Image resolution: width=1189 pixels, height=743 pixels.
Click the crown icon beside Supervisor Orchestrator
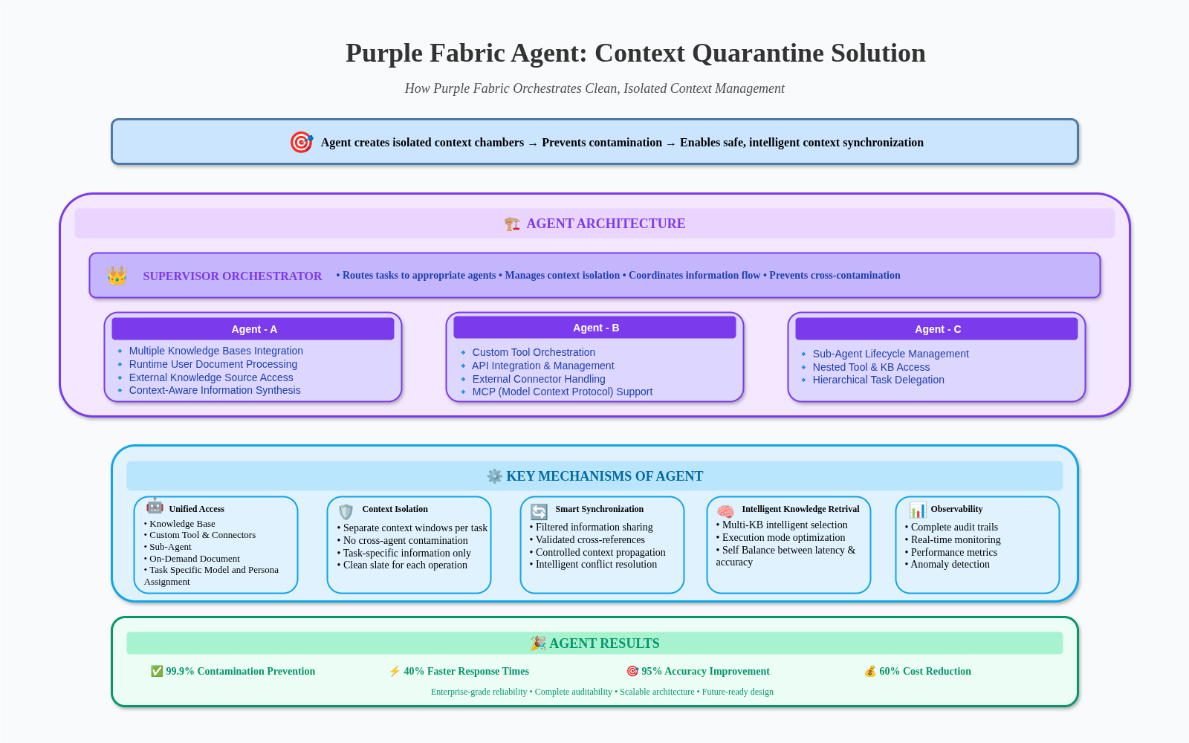point(117,276)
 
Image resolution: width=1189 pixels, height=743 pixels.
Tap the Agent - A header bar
point(253,329)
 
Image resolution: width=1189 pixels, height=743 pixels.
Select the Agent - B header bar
point(594,328)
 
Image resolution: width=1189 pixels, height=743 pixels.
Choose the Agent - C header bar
point(936,329)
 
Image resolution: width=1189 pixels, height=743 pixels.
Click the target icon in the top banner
point(301,142)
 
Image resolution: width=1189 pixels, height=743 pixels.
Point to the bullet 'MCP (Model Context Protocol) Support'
point(562,392)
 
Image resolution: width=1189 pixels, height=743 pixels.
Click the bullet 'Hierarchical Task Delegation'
point(878,380)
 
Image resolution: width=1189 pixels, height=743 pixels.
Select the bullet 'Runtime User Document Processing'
point(213,364)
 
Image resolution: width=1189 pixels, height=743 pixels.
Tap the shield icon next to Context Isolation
point(346,511)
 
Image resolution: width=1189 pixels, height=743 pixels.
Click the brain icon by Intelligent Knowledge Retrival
point(725,511)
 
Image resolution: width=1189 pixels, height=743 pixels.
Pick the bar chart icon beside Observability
point(918,510)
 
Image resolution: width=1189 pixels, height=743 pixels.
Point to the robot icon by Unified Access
point(155,507)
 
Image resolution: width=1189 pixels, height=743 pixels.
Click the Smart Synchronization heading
point(599,509)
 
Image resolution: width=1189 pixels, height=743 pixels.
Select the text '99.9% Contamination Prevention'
point(240,671)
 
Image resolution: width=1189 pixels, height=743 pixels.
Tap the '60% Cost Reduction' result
point(924,671)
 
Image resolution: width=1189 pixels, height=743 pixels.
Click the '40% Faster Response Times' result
point(466,671)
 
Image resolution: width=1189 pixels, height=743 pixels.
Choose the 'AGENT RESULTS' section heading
point(603,643)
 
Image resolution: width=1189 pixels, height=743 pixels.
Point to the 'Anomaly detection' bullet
point(950,564)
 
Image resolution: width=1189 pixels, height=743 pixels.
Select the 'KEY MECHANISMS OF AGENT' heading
point(604,476)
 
